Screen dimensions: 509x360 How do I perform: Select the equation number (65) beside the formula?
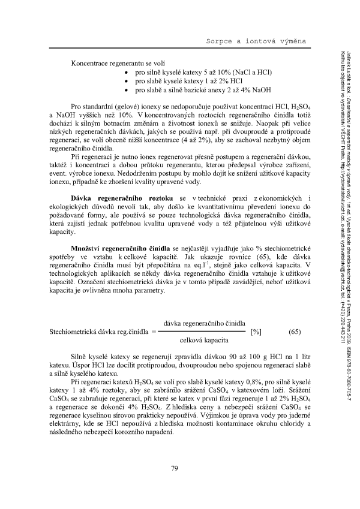tap(295, 332)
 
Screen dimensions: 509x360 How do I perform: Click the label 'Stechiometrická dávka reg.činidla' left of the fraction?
tap(103, 332)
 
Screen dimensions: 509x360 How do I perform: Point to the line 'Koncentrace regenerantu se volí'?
tap(110, 64)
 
